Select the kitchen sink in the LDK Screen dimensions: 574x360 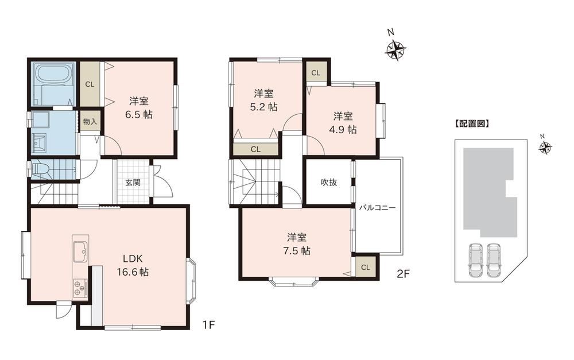[x=80, y=252]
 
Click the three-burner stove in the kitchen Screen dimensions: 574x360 [x=80, y=288]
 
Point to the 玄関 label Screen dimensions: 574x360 [x=133, y=183]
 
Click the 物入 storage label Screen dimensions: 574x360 [x=90, y=122]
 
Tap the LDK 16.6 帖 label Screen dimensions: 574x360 [x=133, y=265]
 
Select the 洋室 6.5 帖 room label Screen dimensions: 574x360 [x=139, y=108]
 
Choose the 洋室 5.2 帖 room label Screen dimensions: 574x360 [x=263, y=100]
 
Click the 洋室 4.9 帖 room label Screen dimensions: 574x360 [x=343, y=123]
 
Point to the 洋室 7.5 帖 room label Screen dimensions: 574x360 [x=297, y=244]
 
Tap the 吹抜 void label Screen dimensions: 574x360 [x=329, y=182]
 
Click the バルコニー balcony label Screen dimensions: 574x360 [x=377, y=208]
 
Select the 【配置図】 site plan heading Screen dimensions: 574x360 [x=472, y=124]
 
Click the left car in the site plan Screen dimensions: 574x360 [x=475, y=260]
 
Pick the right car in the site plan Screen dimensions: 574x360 [x=494, y=260]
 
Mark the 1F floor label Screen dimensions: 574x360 [x=209, y=324]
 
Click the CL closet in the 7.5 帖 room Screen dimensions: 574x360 [x=365, y=268]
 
